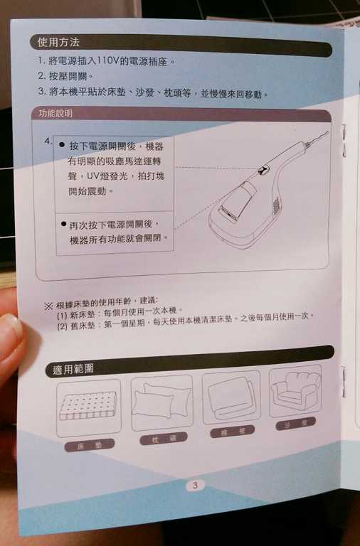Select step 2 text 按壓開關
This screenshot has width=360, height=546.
[66, 77]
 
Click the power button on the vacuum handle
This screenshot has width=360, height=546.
[265, 170]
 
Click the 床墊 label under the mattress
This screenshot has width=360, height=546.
[90, 444]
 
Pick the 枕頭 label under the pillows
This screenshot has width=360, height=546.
[163, 439]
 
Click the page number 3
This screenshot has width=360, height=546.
[194, 486]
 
